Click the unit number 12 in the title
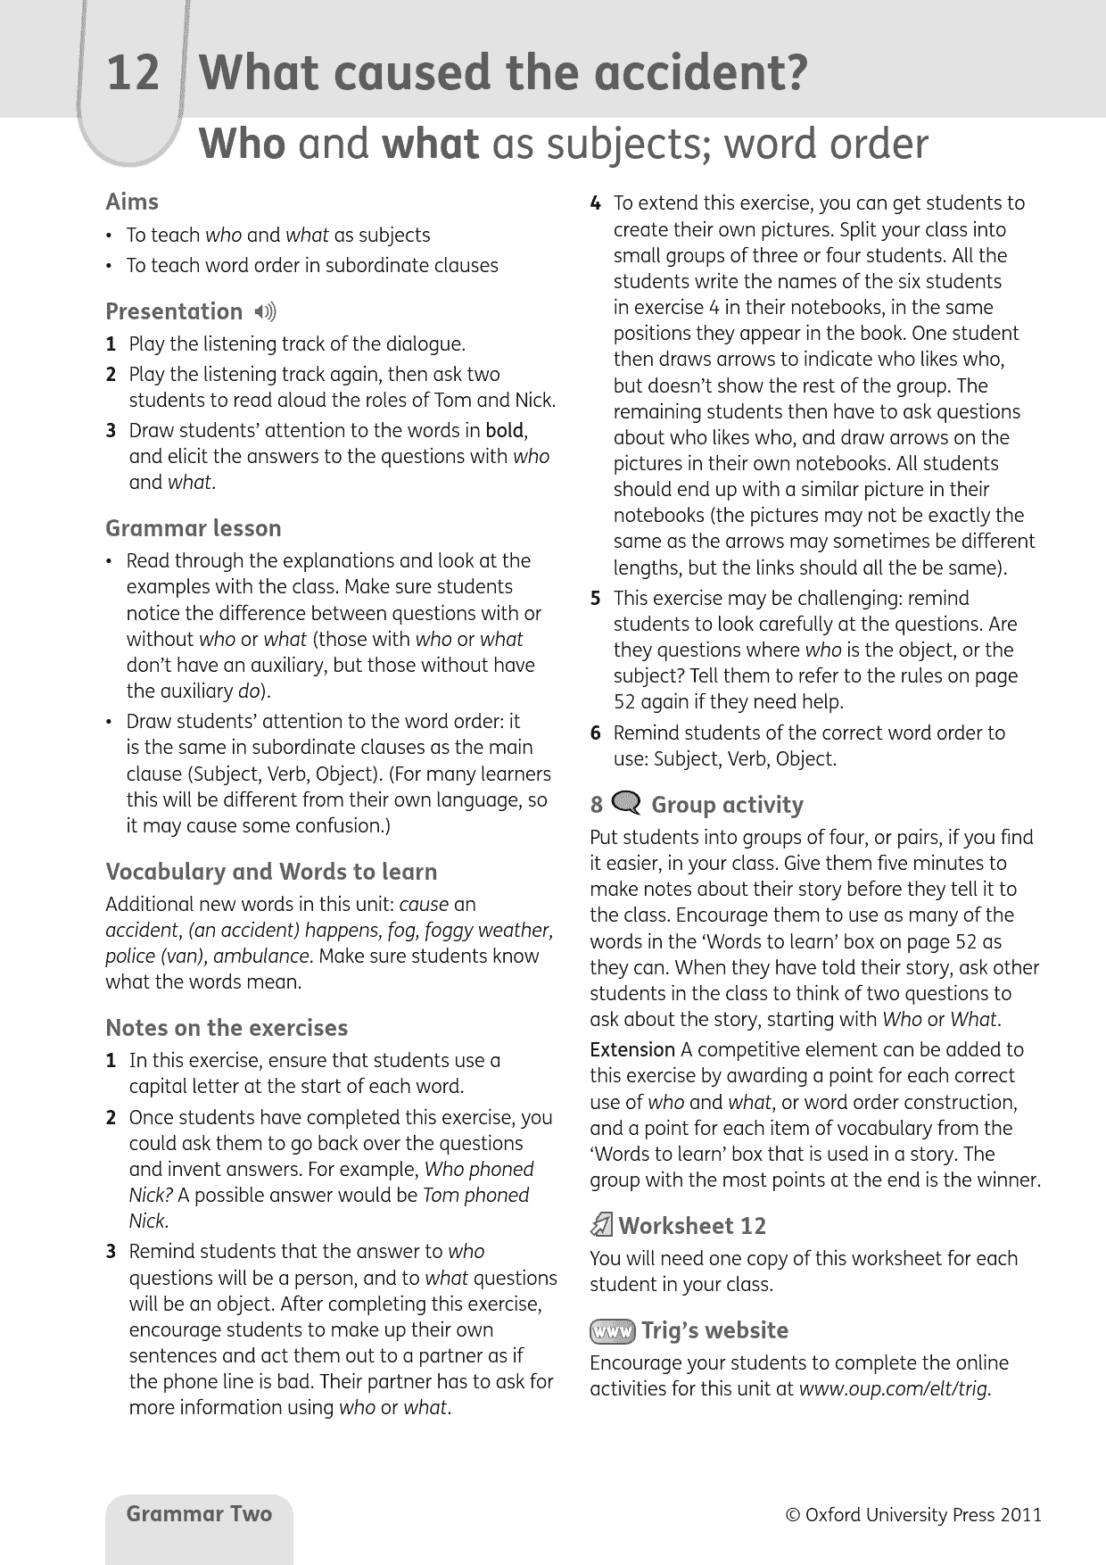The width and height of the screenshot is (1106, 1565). pos(133,73)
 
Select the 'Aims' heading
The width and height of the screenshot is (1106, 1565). pos(132,202)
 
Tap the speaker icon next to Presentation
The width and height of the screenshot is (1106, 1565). pos(265,311)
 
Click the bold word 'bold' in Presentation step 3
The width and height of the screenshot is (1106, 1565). pos(505,430)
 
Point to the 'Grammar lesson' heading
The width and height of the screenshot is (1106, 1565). pos(193,528)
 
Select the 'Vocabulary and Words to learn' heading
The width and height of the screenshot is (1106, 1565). pos(271,872)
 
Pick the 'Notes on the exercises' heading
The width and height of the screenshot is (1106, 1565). pos(227,1028)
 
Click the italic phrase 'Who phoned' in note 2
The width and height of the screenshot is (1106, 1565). pos(479,1169)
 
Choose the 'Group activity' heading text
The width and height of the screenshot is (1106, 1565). pos(727,805)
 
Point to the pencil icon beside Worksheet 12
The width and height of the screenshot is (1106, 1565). pos(602,1226)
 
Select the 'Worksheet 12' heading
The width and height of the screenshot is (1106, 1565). pos(692,1226)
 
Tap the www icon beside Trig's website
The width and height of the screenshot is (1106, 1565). pos(612,1331)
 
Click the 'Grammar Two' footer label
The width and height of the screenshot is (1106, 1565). pos(199,1513)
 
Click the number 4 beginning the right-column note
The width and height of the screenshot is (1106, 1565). pos(596,203)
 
